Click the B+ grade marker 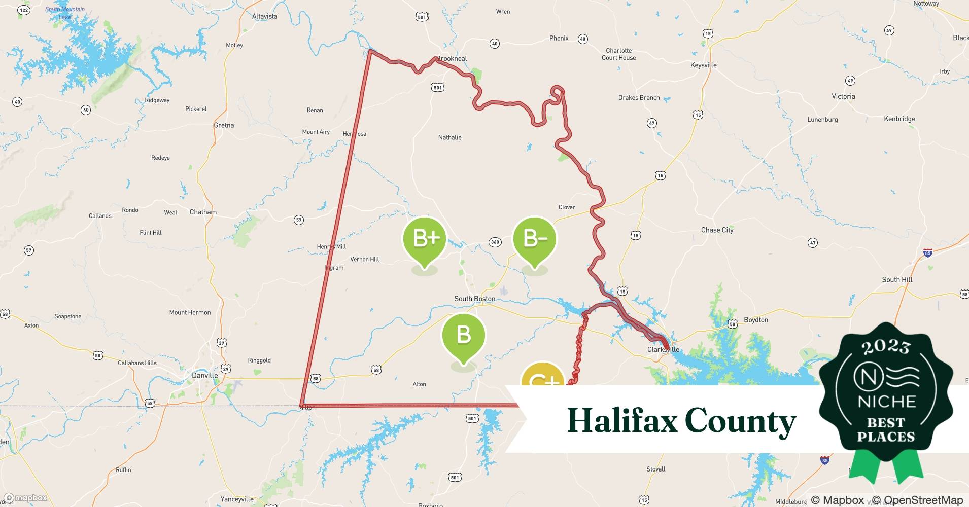pyautogui.click(x=424, y=238)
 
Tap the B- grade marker pyautogui.click(x=534, y=238)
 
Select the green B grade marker pyautogui.click(x=463, y=335)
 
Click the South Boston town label pyautogui.click(x=474, y=299)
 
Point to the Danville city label pyautogui.click(x=205, y=376)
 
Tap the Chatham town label pyautogui.click(x=203, y=212)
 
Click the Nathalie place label pyautogui.click(x=449, y=137)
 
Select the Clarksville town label pyautogui.click(x=663, y=349)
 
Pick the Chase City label pyautogui.click(x=717, y=230)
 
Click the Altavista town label pyautogui.click(x=264, y=16)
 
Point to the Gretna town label pyautogui.click(x=224, y=125)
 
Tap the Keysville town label pyautogui.click(x=703, y=65)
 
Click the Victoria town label pyautogui.click(x=843, y=96)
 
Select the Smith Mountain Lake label pyautogui.click(x=65, y=13)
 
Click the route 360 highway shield pyautogui.click(x=495, y=242)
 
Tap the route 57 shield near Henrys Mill pyautogui.click(x=299, y=220)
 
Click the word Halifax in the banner pyautogui.click(x=622, y=421)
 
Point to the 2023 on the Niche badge pyautogui.click(x=886, y=347)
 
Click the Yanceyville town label pyautogui.click(x=237, y=499)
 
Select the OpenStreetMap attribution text pyautogui.click(x=917, y=500)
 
